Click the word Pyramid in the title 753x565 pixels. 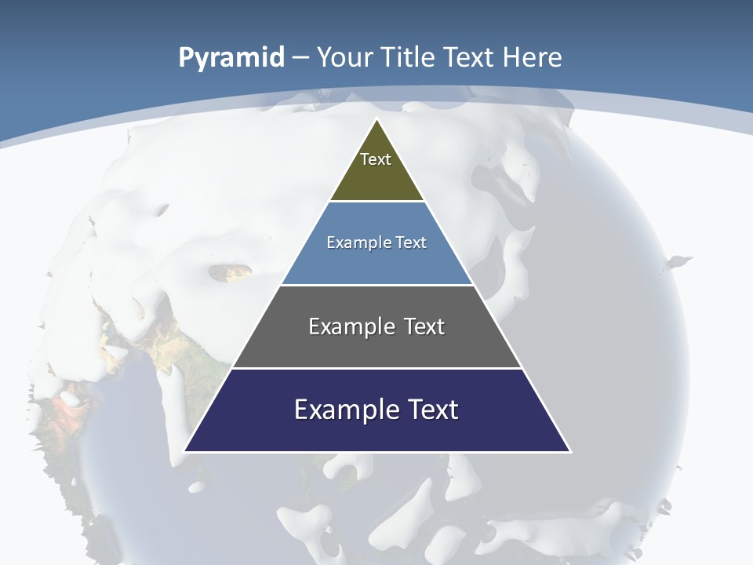[x=231, y=58]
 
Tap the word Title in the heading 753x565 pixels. [x=408, y=57]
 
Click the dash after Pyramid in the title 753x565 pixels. [x=300, y=58]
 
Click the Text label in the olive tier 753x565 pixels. [x=376, y=159]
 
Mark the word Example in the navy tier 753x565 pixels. [x=338, y=410]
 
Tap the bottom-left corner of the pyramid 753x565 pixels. [x=185, y=451]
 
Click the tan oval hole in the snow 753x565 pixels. [x=231, y=272]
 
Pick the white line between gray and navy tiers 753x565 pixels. [x=377, y=368]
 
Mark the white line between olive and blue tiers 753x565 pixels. [x=377, y=202]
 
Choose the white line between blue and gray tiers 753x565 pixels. [x=377, y=285]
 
